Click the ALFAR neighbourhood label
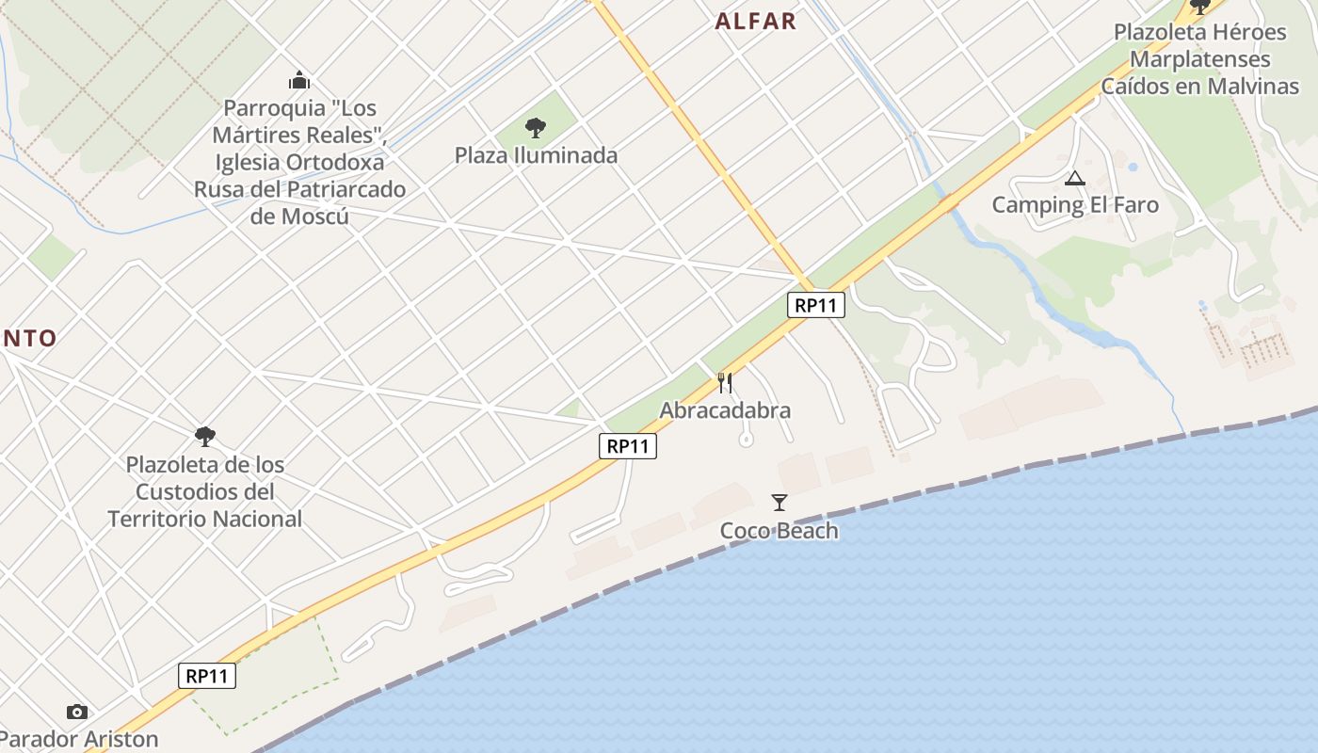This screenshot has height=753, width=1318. [755, 22]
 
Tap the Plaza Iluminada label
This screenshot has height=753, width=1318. [536, 155]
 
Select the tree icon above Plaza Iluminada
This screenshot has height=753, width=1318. [536, 128]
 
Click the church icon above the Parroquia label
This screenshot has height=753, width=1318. [299, 80]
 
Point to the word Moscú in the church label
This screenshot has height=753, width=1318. [315, 216]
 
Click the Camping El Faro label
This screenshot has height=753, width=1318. [1075, 205]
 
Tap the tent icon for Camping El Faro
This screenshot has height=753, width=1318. [1074, 178]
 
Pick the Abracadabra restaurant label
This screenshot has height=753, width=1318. [725, 410]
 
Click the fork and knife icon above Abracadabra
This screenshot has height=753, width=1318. [725, 382]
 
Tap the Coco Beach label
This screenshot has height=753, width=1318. [779, 531]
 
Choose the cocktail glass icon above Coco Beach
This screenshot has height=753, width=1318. [779, 503]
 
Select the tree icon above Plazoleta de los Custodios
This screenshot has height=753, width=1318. [204, 437]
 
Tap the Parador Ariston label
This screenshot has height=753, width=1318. [78, 739]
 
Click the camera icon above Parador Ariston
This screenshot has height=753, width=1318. [77, 713]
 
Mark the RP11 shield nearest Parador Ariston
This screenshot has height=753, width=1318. [207, 675]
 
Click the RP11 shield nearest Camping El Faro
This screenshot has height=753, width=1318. [816, 305]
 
